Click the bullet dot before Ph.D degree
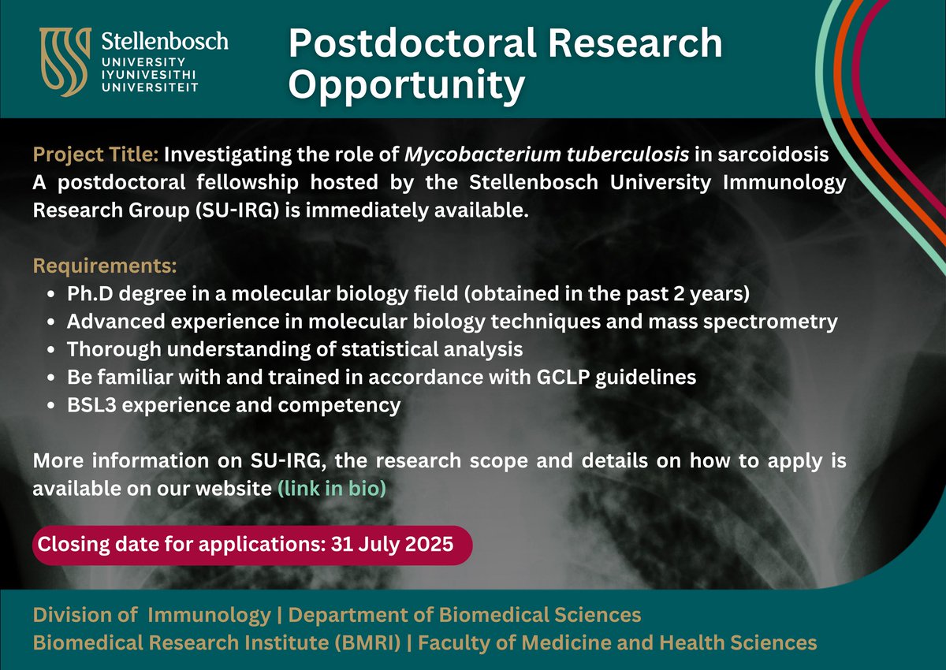51,295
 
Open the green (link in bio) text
331,488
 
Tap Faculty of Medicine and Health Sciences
617,642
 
